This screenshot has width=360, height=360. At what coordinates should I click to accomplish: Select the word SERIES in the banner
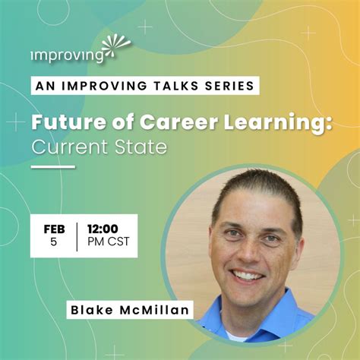227,85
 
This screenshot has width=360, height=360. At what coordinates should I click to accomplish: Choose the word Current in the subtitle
65,147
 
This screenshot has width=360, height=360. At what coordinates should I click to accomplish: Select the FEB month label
54,228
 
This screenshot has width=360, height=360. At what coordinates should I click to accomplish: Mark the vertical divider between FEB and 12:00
76,235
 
